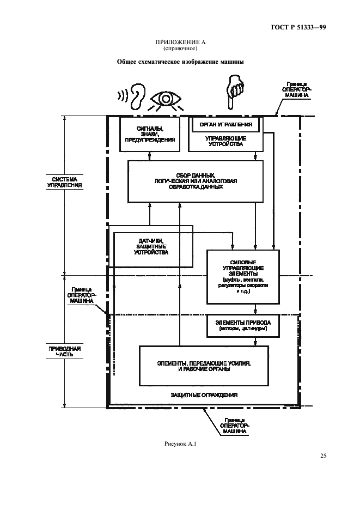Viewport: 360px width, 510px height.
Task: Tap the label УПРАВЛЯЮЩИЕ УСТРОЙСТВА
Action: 226,142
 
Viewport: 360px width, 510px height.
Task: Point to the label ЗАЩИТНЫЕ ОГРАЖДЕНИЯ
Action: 204,395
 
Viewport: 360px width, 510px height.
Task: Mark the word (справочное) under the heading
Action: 180,48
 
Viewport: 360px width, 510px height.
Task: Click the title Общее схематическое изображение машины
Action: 180,62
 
